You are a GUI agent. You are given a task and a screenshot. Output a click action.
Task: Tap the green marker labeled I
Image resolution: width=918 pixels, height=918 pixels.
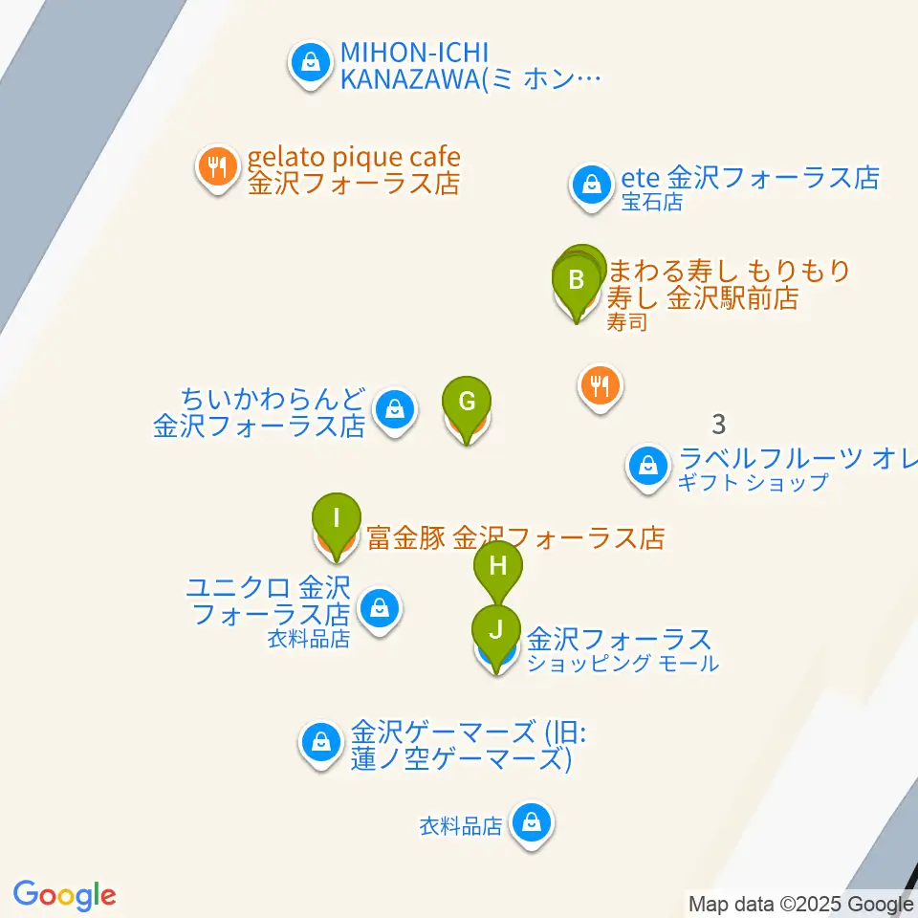(x=337, y=519)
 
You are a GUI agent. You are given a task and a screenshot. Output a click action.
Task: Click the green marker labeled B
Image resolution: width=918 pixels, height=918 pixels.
(x=577, y=281)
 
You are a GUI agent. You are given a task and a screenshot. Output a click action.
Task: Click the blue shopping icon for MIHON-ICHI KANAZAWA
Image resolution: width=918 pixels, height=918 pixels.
(x=310, y=63)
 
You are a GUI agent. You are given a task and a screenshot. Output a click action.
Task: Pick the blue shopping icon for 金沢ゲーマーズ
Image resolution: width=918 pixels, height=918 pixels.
(x=321, y=741)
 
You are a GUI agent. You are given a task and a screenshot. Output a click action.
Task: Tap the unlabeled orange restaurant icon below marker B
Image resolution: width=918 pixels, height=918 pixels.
(x=601, y=385)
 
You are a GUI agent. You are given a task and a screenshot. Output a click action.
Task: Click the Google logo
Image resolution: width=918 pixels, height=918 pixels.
(x=64, y=896)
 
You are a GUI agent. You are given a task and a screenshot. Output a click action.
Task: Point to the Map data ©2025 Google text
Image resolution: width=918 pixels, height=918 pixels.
(x=801, y=904)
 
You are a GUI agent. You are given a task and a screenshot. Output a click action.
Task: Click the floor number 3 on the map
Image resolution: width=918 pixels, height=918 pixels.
(x=719, y=422)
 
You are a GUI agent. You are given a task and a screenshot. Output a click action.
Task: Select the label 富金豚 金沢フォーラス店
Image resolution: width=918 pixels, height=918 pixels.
(x=515, y=538)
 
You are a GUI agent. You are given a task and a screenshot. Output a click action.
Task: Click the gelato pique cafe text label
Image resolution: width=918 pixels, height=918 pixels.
(x=354, y=169)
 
